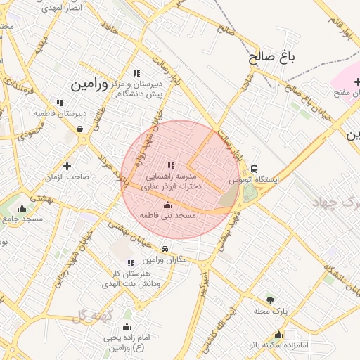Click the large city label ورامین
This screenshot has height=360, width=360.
pyautogui.click(x=89, y=85)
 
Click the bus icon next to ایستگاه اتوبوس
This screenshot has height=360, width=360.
pyautogui.click(x=253, y=169)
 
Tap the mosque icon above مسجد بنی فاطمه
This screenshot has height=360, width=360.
pyautogui.click(x=167, y=205)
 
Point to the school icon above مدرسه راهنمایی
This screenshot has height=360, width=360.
pyautogui.click(x=171, y=165)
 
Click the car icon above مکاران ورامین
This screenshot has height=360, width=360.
pyautogui.click(x=165, y=250)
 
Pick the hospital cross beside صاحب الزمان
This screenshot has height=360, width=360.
pyautogui.click(x=67, y=166)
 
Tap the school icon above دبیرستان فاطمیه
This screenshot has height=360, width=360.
pyautogui.click(x=58, y=102)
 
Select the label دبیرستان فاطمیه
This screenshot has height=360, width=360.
pyautogui.click(x=61, y=112)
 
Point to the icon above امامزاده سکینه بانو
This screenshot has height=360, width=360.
pyautogui.click(x=279, y=335)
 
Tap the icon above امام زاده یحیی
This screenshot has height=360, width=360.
pyautogui.click(x=127, y=326)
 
